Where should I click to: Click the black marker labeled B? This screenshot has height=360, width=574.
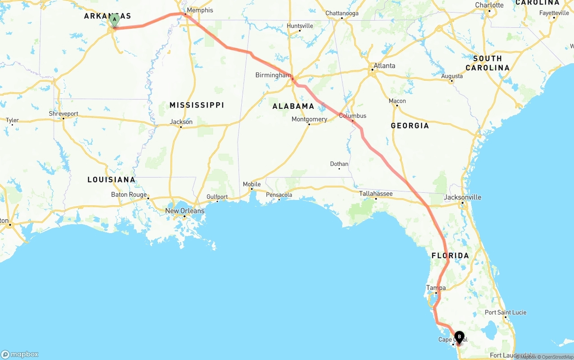(x=459, y=337)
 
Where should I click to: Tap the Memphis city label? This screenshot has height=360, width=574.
(x=200, y=10)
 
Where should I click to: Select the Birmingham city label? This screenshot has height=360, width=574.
(x=273, y=75)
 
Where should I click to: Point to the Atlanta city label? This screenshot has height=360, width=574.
(x=384, y=65)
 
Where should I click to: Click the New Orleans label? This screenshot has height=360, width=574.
(x=185, y=211)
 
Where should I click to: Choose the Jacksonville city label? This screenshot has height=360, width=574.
(x=462, y=197)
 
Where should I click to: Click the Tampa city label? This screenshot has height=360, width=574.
(x=436, y=288)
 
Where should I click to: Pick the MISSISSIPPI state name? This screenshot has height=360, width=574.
(x=197, y=105)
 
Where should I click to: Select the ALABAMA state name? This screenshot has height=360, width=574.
(x=293, y=106)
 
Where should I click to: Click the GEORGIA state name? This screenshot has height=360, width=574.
(x=410, y=126)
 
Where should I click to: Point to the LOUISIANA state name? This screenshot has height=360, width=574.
(x=111, y=179)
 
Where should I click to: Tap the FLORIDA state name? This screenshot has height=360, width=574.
(x=450, y=256)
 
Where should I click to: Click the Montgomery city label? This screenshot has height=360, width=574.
(x=309, y=119)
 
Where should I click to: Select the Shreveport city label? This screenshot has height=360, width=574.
(x=64, y=114)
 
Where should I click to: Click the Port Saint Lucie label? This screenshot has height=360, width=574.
(x=505, y=312)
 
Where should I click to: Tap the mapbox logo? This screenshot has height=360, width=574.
(x=20, y=354)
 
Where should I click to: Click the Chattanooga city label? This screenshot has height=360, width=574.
(x=342, y=13)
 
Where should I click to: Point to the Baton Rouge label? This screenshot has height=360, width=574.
(x=129, y=195)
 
